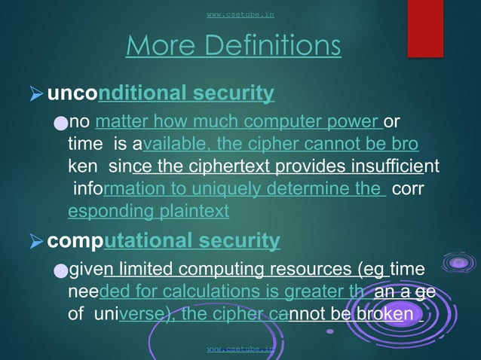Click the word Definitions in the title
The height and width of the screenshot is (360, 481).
pyautogui.click(x=268, y=46)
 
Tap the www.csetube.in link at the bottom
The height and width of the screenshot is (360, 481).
pyautogui.click(x=240, y=349)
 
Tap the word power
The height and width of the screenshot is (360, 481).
pyautogui.click(x=357, y=122)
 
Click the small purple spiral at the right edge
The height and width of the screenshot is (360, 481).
pyautogui.click(x=458, y=263)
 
